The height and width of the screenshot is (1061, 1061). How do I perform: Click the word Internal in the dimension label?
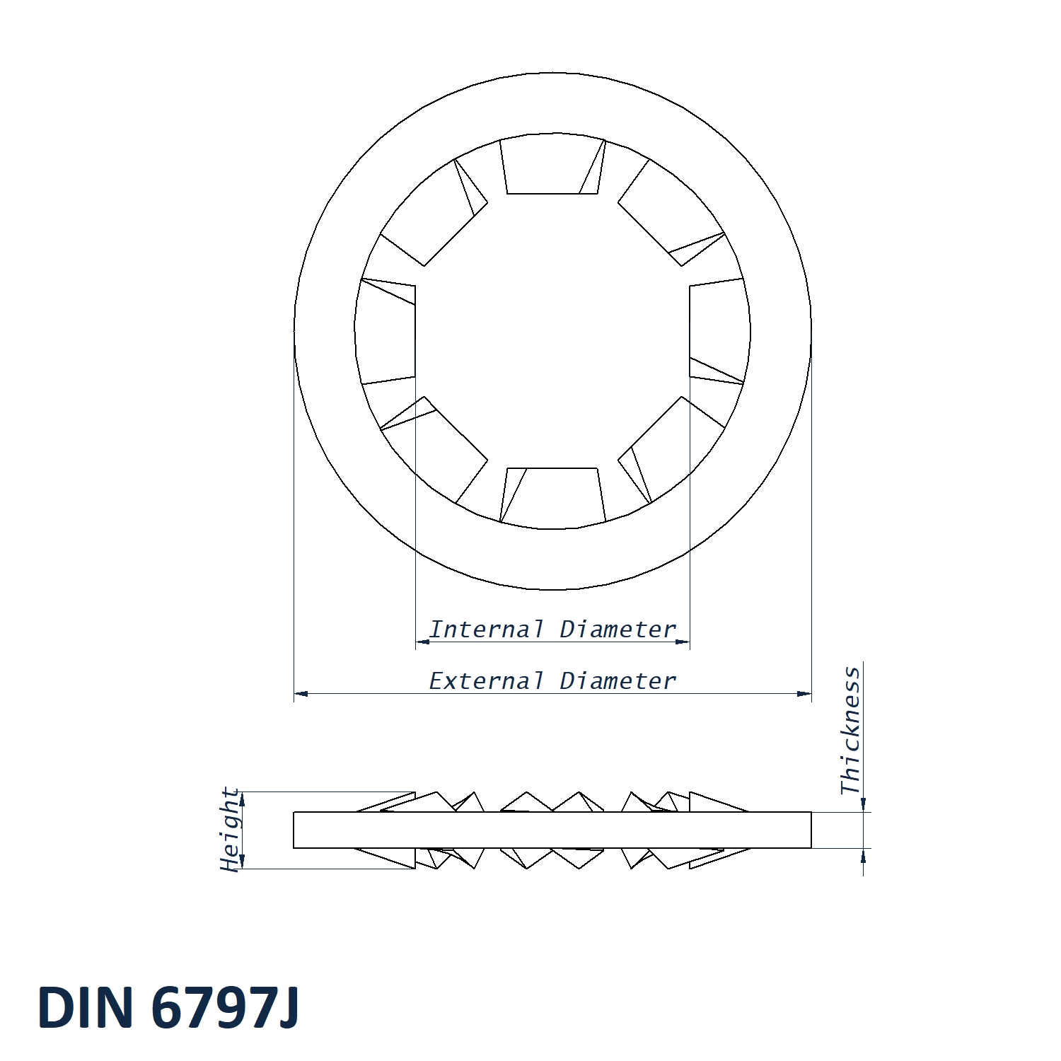(487, 629)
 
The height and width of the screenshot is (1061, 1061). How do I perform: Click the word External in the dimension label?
(487, 680)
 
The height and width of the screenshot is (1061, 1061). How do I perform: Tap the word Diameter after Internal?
(618, 629)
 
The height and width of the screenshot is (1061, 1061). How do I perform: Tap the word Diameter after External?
(618, 680)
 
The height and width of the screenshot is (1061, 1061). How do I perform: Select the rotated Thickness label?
(851, 730)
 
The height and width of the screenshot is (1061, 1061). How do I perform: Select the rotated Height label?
(230, 829)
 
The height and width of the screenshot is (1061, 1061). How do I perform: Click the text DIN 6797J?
(168, 1007)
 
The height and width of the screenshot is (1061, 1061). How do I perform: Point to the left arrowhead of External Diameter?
(301, 694)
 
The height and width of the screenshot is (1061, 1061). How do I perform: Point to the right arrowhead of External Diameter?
(804, 694)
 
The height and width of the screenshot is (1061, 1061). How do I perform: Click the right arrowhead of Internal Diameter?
(683, 642)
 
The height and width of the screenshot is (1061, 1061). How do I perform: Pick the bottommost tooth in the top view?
(552, 496)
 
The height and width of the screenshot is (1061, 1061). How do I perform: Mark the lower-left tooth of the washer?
(435, 450)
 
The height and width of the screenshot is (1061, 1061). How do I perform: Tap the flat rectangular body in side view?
(552, 830)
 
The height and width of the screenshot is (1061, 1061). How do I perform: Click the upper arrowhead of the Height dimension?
(242, 799)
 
